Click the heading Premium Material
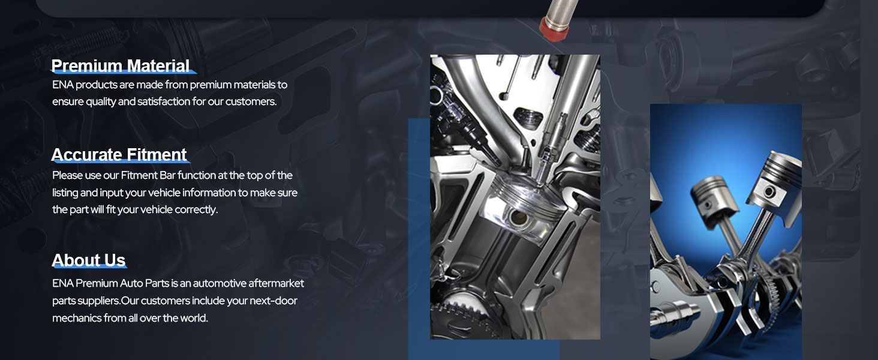pyautogui.click(x=121, y=66)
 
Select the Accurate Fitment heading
pyautogui.click(x=119, y=155)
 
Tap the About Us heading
pyautogui.click(x=88, y=260)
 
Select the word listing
pyautogui.click(x=65, y=193)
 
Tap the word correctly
pyautogui.click(x=196, y=209)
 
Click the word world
pyautogui.click(x=194, y=318)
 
